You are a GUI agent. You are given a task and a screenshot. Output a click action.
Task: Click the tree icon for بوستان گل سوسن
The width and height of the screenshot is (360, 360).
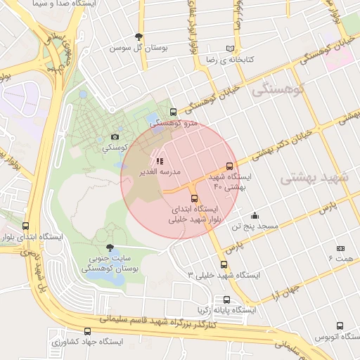[x=139, y=37]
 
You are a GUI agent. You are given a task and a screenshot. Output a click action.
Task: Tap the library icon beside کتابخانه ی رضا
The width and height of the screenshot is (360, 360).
[x=229, y=49]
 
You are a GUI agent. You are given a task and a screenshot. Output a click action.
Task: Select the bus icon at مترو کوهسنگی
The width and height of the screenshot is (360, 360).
[x=173, y=112]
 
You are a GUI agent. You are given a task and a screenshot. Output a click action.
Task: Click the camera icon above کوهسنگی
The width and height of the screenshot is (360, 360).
[x=115, y=136]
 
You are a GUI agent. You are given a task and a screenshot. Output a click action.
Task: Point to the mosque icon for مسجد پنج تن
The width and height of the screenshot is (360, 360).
[x=254, y=215]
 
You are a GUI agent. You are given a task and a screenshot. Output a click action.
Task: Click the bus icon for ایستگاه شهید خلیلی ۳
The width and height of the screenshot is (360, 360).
[x=224, y=264]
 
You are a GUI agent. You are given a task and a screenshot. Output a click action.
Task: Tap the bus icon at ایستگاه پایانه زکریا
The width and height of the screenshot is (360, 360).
[x=225, y=300]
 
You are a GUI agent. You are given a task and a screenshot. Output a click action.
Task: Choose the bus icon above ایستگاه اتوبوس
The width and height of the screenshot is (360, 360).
[x=340, y=326]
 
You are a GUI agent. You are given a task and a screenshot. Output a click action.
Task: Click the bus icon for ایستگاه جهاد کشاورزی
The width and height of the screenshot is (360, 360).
[x=87, y=331]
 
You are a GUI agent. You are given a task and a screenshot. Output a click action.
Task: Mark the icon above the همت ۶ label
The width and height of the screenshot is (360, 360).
[x=340, y=249]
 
